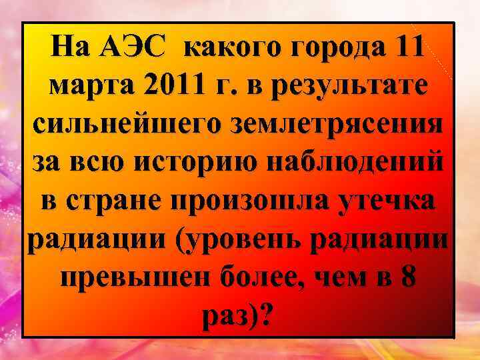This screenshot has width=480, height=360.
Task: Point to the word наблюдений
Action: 350,163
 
